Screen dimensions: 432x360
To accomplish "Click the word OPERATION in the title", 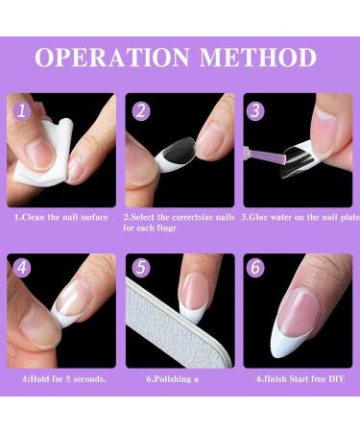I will coord(111,57).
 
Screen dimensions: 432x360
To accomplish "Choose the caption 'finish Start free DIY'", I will coord(292,378).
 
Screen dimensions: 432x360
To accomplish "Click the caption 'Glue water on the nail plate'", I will coord(297,217).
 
